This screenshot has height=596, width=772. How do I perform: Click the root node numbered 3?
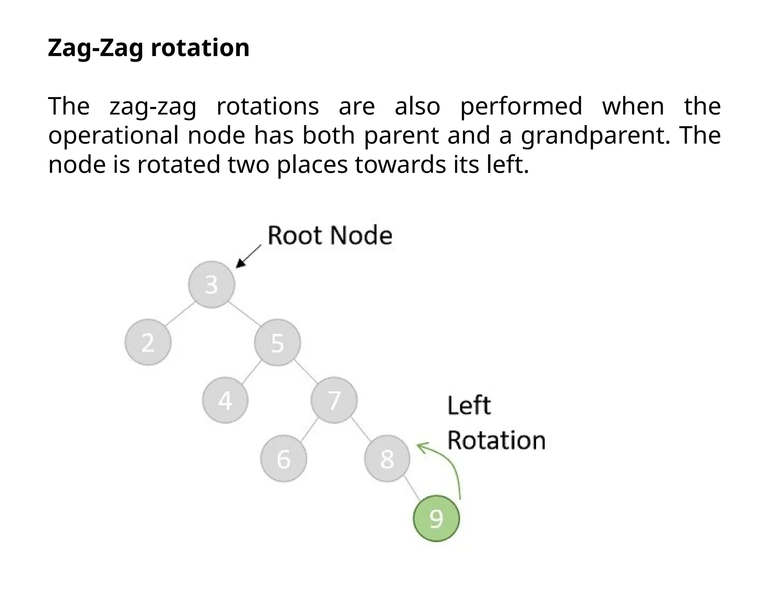pyautogui.click(x=211, y=284)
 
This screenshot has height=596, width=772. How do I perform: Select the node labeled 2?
pyautogui.click(x=148, y=342)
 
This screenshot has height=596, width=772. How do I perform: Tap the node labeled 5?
pyautogui.click(x=277, y=342)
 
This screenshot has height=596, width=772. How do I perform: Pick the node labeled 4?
pyautogui.click(x=225, y=400)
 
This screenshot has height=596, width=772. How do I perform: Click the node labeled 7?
pyautogui.click(x=334, y=400)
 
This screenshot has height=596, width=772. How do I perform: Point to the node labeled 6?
pyautogui.click(x=283, y=458)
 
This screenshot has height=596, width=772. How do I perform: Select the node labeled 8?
pyautogui.click(x=387, y=458)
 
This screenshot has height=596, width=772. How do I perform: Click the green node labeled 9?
pyautogui.click(x=437, y=518)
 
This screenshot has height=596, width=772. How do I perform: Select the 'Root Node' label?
pyautogui.click(x=330, y=235)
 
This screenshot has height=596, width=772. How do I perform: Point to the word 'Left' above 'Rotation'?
pyautogui.click(x=469, y=406)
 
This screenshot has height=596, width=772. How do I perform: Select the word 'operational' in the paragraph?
pyautogui.click(x=113, y=135)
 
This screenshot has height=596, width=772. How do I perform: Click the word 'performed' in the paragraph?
pyautogui.click(x=521, y=106)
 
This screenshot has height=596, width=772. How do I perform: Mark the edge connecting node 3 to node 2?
pyautogui.click(x=179, y=313)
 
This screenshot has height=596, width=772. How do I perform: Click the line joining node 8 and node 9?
pyautogui.click(x=412, y=489)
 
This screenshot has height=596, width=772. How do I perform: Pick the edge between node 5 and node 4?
pyautogui.click(x=251, y=372)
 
